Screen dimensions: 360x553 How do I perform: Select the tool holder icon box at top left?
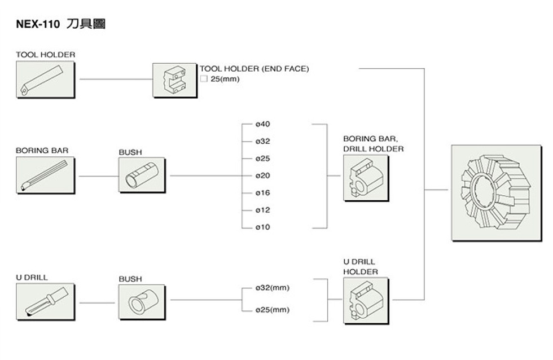point(45,79)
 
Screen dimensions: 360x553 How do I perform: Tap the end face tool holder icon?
point(175,80)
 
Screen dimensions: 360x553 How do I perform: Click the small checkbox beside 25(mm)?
point(204,79)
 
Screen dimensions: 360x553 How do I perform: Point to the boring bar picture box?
point(45,175)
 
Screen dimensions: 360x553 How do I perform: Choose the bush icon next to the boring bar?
point(142,175)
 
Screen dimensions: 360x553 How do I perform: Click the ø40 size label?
point(262,124)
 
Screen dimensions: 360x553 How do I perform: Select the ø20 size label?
point(262,175)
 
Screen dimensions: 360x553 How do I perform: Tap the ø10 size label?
point(262,227)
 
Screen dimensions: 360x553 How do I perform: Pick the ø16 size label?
point(262,193)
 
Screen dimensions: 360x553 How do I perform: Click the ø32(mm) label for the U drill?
point(272,288)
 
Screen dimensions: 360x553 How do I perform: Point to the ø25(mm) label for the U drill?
point(272,310)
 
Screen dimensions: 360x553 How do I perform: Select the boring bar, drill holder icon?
point(366,178)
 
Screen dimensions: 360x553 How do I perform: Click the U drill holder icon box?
point(366,301)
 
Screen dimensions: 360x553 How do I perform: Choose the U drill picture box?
point(45,302)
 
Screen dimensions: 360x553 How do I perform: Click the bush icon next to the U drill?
point(142,302)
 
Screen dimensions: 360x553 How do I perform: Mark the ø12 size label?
point(262,210)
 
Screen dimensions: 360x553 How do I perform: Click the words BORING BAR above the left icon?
point(38,151)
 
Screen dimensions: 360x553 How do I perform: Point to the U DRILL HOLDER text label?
point(360,267)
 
